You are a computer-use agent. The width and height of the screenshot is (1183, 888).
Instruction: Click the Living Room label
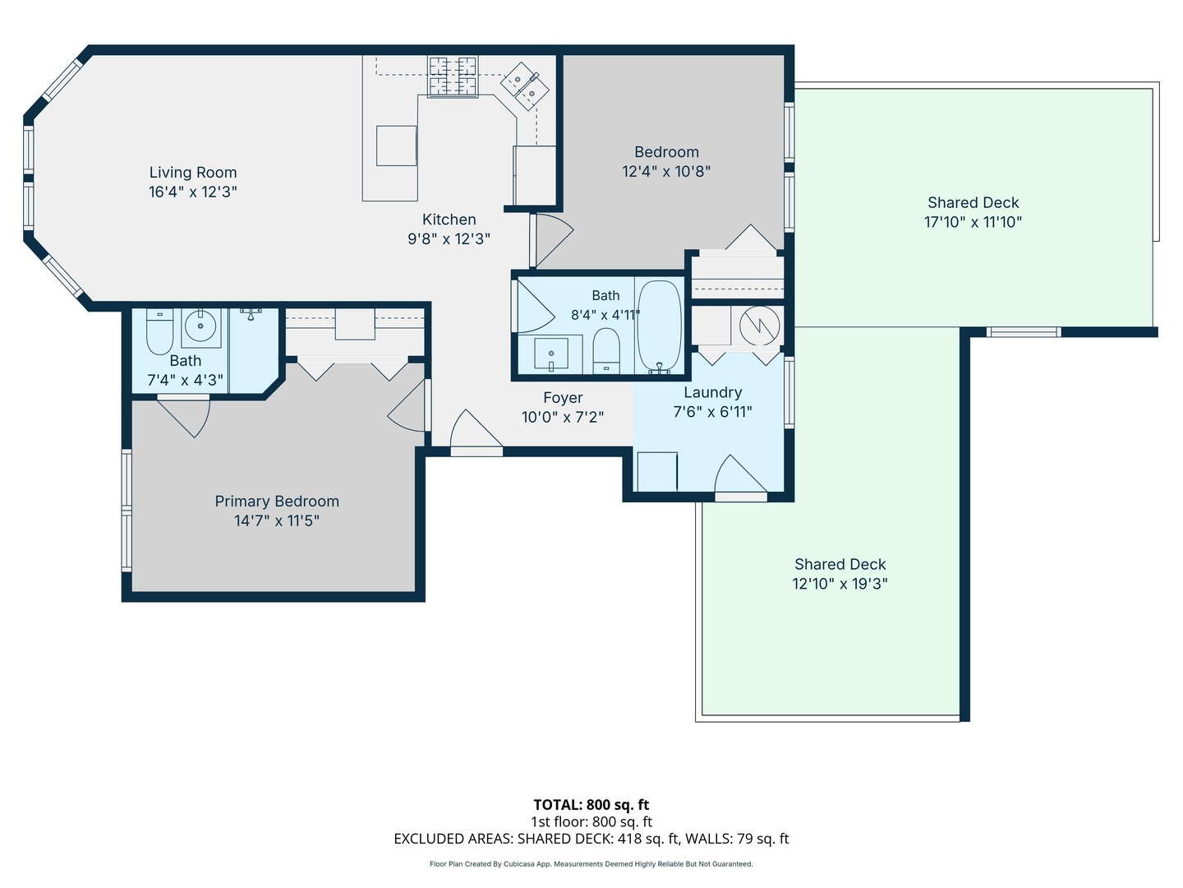click(193, 173)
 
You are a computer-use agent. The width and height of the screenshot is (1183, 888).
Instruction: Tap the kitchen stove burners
click(452, 76)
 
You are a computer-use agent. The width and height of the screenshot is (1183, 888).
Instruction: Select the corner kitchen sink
click(524, 86)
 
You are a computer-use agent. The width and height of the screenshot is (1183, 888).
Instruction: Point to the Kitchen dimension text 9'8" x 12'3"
click(449, 238)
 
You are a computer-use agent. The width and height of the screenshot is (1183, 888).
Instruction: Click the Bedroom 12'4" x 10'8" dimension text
click(666, 172)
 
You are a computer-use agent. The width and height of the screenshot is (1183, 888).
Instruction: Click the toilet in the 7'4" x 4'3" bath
click(159, 331)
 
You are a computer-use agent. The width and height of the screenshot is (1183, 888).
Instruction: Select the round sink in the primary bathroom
click(200, 326)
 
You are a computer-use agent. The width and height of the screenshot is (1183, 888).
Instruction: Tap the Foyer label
click(563, 398)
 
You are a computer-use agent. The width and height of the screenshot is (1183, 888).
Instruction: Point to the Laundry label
click(712, 392)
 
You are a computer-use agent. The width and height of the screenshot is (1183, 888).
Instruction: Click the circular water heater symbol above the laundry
click(759, 326)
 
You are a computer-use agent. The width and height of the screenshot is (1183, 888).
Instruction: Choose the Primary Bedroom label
click(277, 502)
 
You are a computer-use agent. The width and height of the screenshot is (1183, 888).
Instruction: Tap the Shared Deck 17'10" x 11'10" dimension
click(973, 222)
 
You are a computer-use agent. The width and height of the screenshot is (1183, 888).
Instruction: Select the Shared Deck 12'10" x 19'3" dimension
click(840, 584)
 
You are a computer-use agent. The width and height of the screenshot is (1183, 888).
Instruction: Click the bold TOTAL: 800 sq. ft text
click(591, 805)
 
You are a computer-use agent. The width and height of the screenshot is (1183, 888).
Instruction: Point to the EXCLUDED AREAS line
click(591, 839)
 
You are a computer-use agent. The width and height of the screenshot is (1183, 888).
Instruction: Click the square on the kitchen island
click(396, 146)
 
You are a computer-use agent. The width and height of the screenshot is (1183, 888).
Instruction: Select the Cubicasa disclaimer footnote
click(591, 863)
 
